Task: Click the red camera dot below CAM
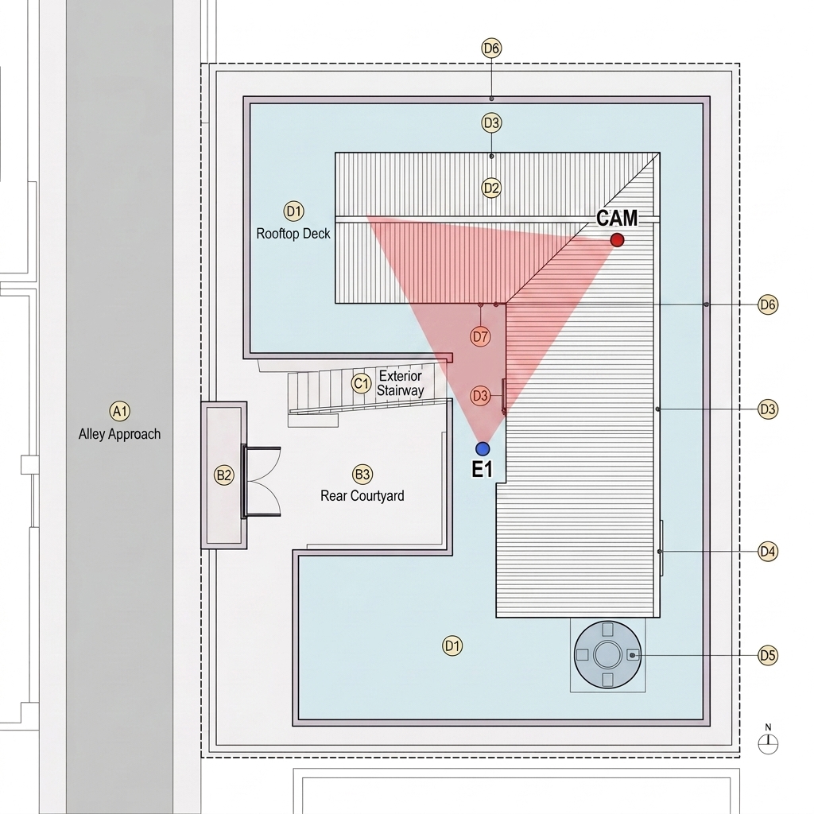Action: pos(617,240)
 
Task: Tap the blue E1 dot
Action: pos(483,448)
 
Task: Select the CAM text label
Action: pos(617,218)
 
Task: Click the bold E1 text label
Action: pos(482,469)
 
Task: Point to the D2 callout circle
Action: pos(491,188)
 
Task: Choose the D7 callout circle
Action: pos(480,336)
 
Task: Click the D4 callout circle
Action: pos(767,551)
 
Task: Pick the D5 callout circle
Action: pos(767,655)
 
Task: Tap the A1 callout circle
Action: pos(120,411)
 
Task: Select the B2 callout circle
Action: pos(223,475)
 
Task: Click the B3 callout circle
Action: pos(362,474)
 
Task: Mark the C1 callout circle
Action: pos(362,384)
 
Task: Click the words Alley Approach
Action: pos(119,434)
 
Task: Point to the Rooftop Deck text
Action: pos(293,234)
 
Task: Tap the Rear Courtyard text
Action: pos(362,496)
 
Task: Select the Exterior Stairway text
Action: pos(401,383)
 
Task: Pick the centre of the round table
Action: pos(607,655)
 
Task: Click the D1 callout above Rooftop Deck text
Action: pos(294,211)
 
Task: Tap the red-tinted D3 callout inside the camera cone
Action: pos(480,396)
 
